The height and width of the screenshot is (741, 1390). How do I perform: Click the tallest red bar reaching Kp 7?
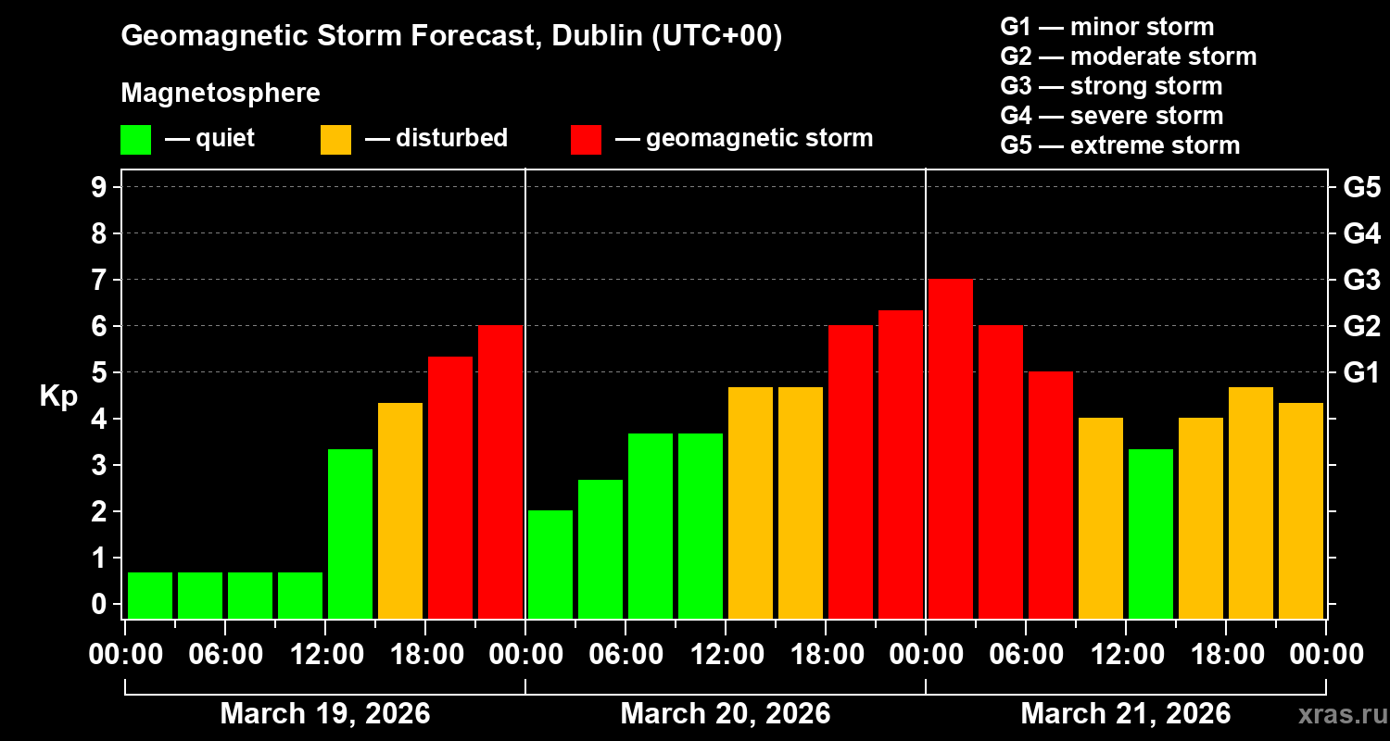(951, 448)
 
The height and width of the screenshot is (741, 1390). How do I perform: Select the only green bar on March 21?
(1151, 534)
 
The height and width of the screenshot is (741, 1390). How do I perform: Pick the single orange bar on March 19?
(400, 510)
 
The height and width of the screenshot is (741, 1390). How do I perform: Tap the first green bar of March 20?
(550, 564)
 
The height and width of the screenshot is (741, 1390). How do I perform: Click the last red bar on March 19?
(500, 471)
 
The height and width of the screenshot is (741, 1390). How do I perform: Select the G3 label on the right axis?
(1361, 280)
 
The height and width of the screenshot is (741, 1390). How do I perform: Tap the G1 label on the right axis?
(1361, 373)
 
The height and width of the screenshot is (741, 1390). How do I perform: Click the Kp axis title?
(58, 396)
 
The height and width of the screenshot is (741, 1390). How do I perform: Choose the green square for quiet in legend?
(135, 139)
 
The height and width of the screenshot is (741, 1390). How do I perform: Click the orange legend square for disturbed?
(335, 139)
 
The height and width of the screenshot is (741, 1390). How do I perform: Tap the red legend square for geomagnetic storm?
(586, 139)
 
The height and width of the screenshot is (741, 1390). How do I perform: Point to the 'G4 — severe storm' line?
(1111, 116)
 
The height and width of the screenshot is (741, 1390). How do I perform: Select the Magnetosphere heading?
(221, 93)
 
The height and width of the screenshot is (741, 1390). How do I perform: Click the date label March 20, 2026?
(725, 714)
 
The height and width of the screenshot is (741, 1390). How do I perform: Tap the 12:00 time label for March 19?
(326, 655)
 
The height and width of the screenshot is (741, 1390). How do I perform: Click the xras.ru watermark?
(1336, 714)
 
